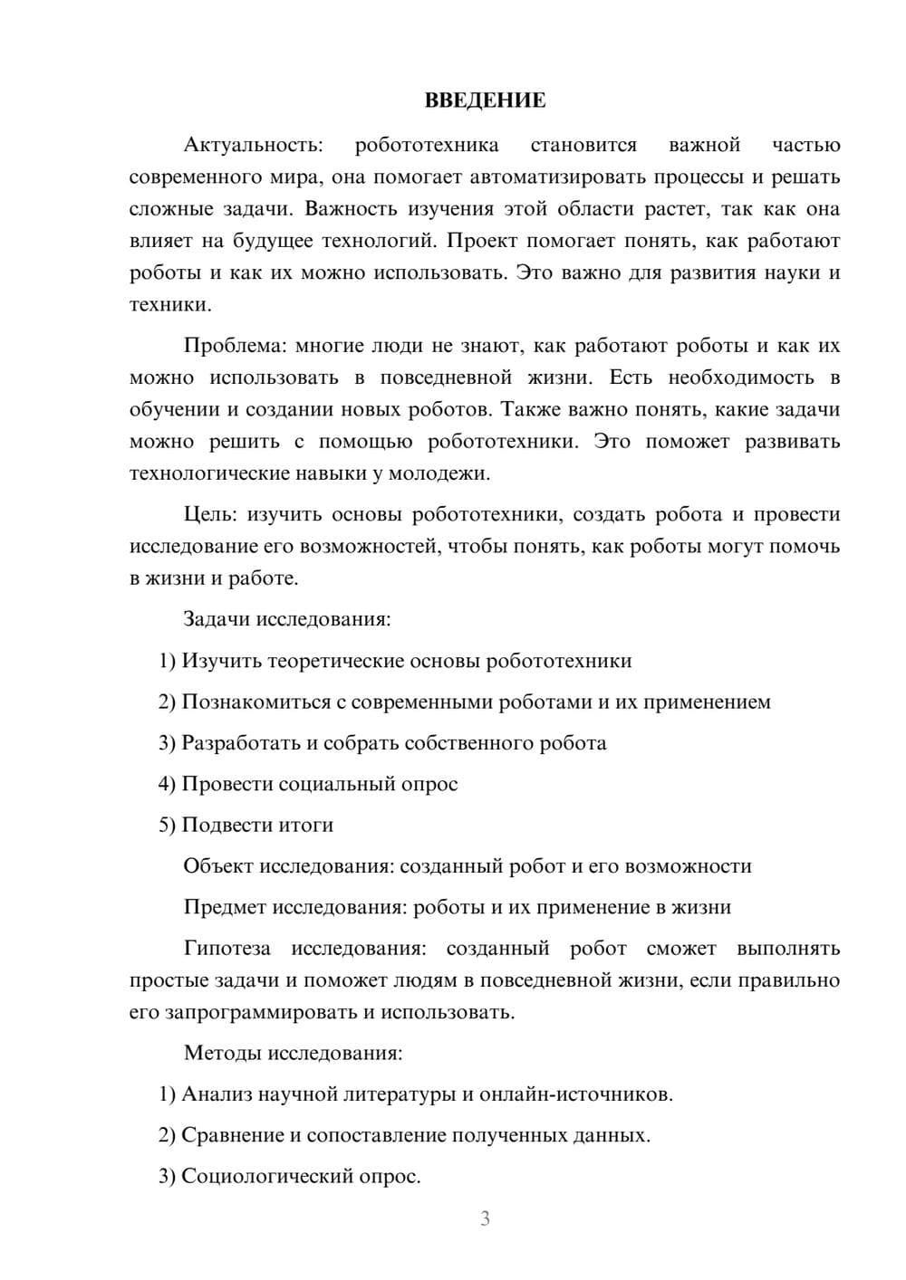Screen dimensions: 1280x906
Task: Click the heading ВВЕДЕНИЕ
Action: click(485, 100)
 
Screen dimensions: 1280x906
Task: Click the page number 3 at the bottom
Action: click(485, 1218)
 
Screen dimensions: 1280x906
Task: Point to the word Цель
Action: click(209, 514)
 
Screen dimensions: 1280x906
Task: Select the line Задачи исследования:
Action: click(287, 619)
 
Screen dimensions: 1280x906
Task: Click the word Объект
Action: click(218, 866)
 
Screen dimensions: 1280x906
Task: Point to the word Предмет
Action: click(225, 907)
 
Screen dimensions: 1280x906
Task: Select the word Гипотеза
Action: click(226, 949)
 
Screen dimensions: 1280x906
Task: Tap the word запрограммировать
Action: click(261, 1012)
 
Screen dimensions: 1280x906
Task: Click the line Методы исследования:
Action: click(293, 1053)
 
